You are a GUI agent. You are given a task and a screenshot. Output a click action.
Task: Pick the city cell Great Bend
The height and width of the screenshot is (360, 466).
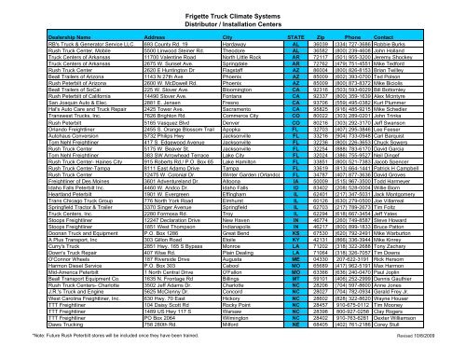(x=211, y=256)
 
